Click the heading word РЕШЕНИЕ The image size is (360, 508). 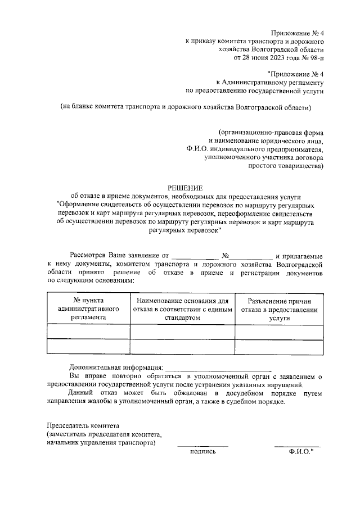click(x=184, y=187)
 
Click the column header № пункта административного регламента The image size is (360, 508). click(x=88, y=309)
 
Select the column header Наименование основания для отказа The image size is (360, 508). click(x=182, y=309)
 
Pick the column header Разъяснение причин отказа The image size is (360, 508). click(x=279, y=309)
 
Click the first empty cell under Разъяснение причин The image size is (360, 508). click(x=279, y=332)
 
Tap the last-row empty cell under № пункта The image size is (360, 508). click(x=88, y=347)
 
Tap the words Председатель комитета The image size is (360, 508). click(x=83, y=426)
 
